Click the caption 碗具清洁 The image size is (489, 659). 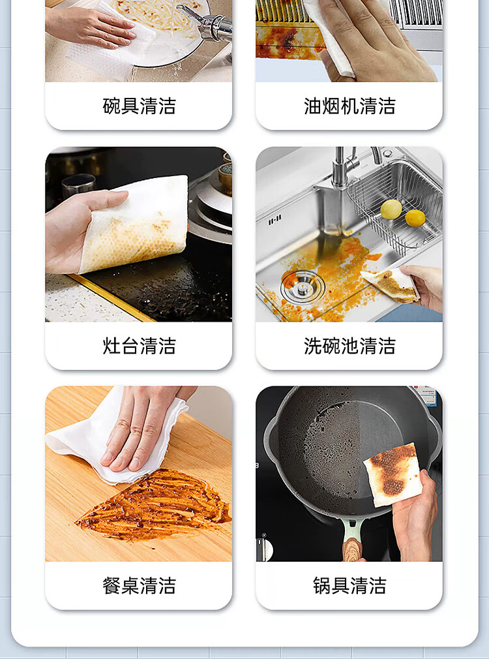(x=139, y=106)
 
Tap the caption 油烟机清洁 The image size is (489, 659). (x=349, y=106)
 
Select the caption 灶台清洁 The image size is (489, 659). (x=139, y=346)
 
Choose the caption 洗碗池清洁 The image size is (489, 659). (x=349, y=346)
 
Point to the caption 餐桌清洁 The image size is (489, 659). (x=139, y=585)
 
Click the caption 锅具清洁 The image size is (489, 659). (x=349, y=585)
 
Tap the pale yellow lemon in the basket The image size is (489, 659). (x=391, y=209)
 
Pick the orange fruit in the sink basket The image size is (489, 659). (x=415, y=218)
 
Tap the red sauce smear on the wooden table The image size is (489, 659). (x=156, y=506)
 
